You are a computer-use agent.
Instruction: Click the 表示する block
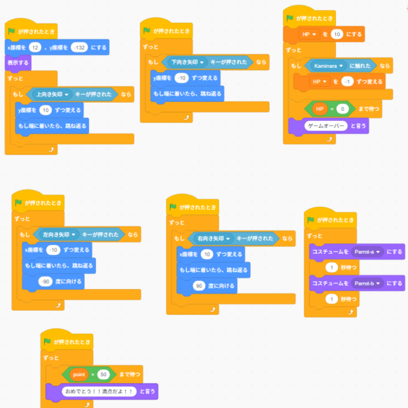[18, 63]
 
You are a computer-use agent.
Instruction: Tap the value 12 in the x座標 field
[35, 48]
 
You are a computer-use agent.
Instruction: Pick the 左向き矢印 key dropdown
[59, 235]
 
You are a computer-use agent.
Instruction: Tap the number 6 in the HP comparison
[344, 109]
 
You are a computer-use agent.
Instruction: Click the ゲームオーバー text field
[322, 126]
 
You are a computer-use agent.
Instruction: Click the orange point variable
[78, 375]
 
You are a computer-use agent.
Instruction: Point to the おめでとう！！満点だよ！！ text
[98, 392]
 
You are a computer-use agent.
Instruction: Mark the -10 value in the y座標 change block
[180, 78]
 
